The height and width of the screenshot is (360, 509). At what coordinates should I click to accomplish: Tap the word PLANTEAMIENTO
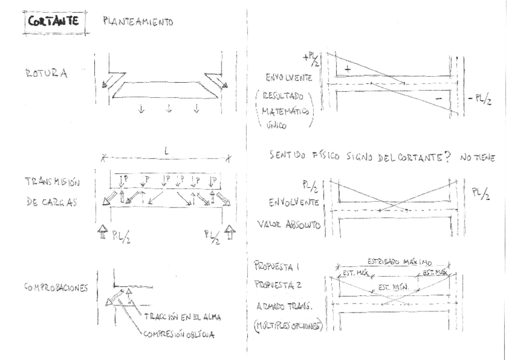pos(138,23)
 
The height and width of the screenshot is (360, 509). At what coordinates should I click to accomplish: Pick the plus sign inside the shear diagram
pos(346,69)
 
